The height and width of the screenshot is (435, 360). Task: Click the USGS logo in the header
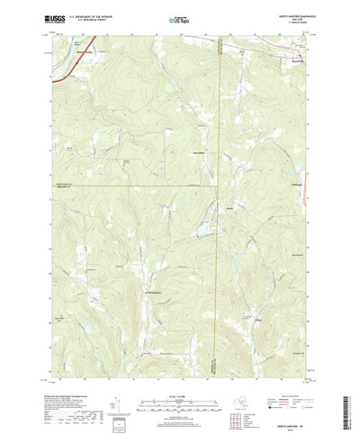point(54,16)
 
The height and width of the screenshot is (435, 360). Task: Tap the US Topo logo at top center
point(179,18)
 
